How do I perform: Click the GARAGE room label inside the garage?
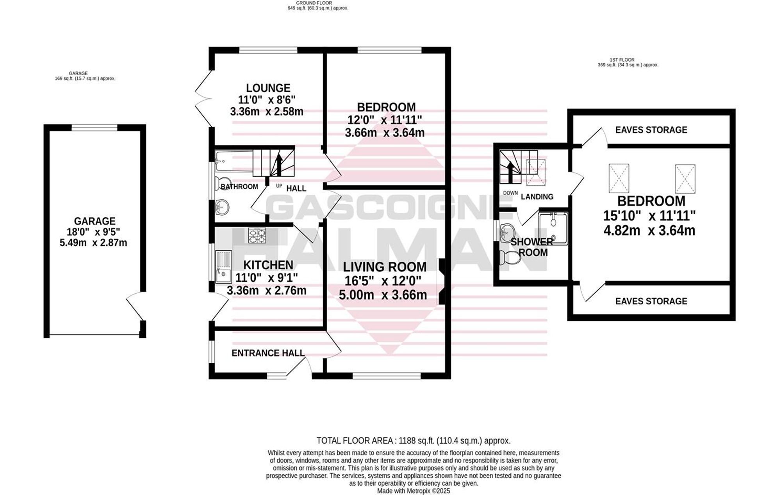pyautogui.click(x=95, y=221)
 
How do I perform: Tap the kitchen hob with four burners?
pyautogui.click(x=257, y=236)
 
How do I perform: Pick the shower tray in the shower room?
pyautogui.click(x=553, y=228)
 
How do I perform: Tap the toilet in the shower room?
pyautogui.click(x=509, y=257)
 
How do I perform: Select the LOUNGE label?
pyautogui.click(x=268, y=88)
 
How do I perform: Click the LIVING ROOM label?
pyautogui.click(x=385, y=267)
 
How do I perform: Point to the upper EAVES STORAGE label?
pyautogui.click(x=651, y=130)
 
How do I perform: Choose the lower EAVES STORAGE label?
pyautogui.click(x=651, y=301)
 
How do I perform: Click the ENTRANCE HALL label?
pyautogui.click(x=268, y=353)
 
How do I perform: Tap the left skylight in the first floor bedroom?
pyautogui.click(x=619, y=178)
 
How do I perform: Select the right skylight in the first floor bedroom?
pyautogui.click(x=685, y=179)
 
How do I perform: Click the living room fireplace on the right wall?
pyautogui.click(x=441, y=281)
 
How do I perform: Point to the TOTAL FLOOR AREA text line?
pyautogui.click(x=414, y=441)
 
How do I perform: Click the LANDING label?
pyautogui.click(x=537, y=197)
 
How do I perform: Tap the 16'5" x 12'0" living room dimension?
pyautogui.click(x=383, y=281)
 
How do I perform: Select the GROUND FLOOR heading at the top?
pyautogui.click(x=314, y=3)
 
